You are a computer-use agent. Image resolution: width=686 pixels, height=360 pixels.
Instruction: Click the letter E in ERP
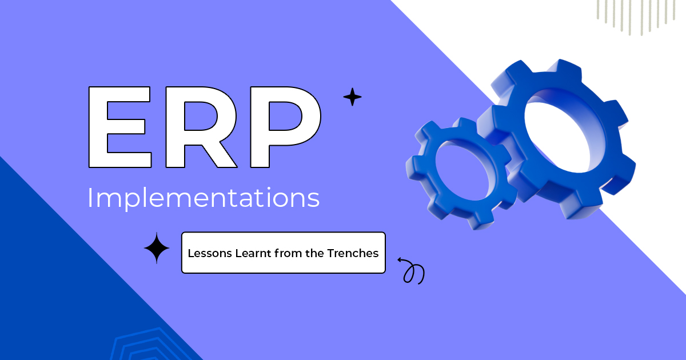coord(117,127)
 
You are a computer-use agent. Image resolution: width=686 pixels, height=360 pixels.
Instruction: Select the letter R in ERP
coord(200,127)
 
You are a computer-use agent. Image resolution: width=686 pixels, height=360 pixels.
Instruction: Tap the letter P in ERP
coord(284,127)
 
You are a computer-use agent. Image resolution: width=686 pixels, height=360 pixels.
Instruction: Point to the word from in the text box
coord(289,253)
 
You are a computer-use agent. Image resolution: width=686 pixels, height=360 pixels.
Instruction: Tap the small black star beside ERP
coord(352,97)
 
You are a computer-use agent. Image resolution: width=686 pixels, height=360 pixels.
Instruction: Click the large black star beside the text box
coord(157,248)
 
